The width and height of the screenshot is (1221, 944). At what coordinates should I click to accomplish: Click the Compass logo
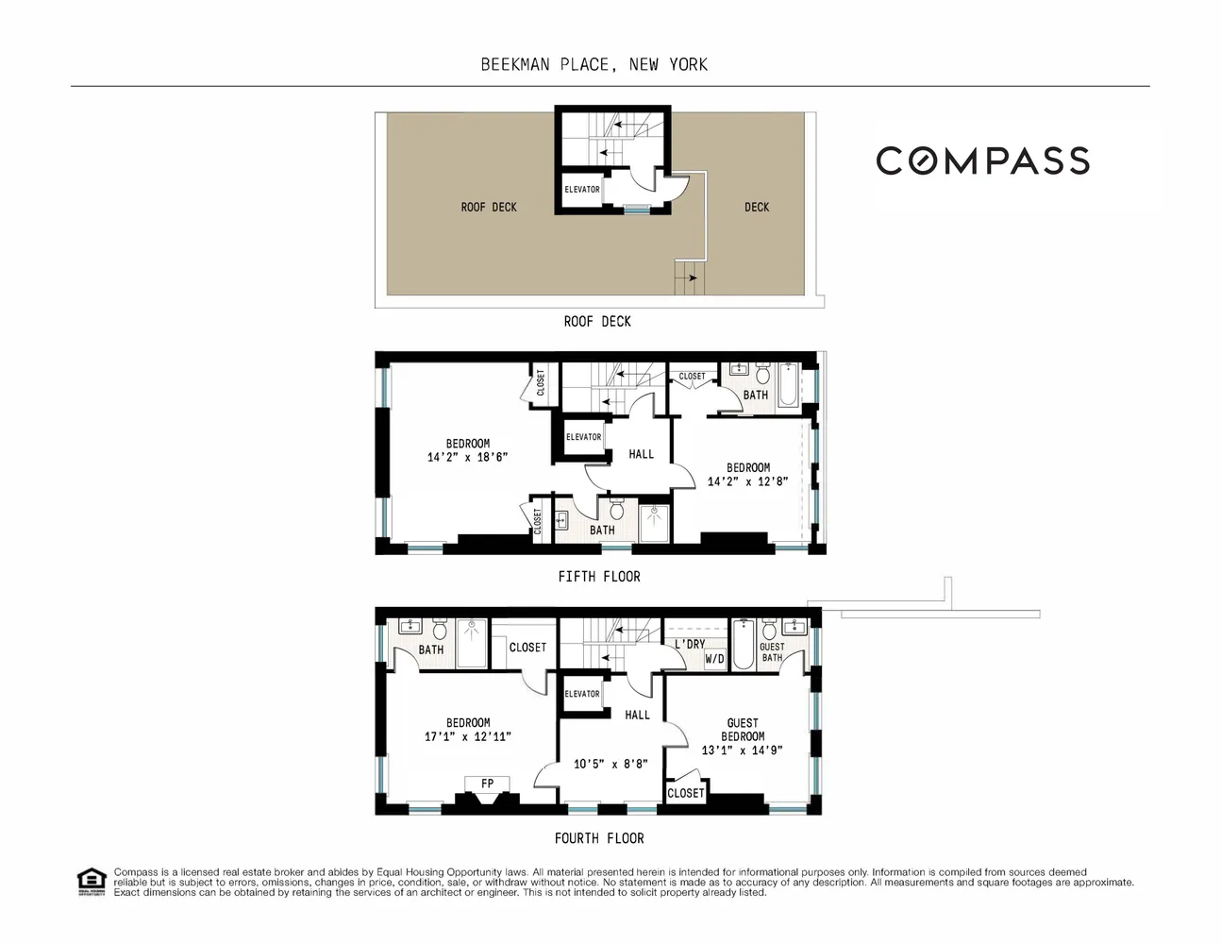tap(982, 161)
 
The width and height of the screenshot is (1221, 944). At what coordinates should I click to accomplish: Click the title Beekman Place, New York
tap(594, 64)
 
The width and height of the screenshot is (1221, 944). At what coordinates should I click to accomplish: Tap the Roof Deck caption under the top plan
tap(597, 322)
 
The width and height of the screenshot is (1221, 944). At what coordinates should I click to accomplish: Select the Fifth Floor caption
tap(599, 577)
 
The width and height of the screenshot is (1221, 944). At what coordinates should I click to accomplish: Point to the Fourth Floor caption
tap(599, 838)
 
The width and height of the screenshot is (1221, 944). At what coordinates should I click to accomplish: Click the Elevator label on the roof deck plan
tap(582, 190)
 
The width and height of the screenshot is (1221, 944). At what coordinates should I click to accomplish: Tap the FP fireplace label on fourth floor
tap(487, 784)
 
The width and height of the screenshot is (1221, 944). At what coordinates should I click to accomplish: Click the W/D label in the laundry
tap(714, 659)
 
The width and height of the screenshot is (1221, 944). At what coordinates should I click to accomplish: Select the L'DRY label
tap(690, 644)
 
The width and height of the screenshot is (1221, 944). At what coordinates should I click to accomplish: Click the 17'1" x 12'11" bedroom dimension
tap(468, 736)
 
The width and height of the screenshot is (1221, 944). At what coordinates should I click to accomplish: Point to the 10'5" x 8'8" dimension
tap(611, 764)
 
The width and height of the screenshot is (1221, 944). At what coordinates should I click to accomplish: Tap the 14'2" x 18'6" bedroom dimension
tap(467, 457)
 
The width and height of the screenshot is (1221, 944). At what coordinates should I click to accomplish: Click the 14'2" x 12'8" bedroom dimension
tap(747, 481)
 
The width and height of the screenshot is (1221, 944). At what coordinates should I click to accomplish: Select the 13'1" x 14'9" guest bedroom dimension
tap(742, 750)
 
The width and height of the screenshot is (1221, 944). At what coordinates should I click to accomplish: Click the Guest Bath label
tap(772, 652)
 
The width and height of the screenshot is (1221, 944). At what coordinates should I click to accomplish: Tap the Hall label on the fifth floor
tap(641, 454)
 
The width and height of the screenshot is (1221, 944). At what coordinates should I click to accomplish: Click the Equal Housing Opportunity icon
tap(90, 882)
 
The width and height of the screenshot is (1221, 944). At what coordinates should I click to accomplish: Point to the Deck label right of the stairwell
tap(757, 207)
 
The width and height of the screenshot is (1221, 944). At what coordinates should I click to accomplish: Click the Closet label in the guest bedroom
tap(685, 793)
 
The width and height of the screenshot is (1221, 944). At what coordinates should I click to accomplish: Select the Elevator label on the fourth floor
tap(582, 694)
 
